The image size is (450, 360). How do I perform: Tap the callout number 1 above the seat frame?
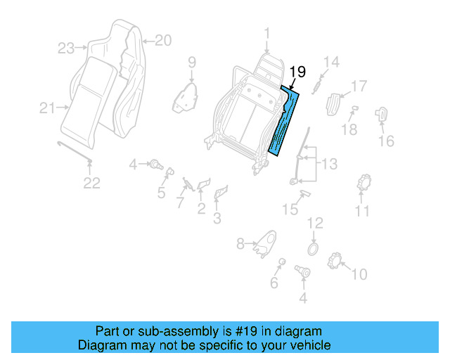[267, 32]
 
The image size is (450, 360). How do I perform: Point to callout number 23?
[66, 49]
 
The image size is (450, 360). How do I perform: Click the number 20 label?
[162, 41]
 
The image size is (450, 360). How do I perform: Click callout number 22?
[92, 183]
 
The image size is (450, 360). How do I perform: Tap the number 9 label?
[191, 63]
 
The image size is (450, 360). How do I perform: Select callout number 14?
[331, 62]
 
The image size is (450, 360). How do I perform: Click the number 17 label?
[359, 86]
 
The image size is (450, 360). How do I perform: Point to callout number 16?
[386, 141]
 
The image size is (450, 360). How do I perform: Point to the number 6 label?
[274, 283]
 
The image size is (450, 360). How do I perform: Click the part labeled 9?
[184, 96]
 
